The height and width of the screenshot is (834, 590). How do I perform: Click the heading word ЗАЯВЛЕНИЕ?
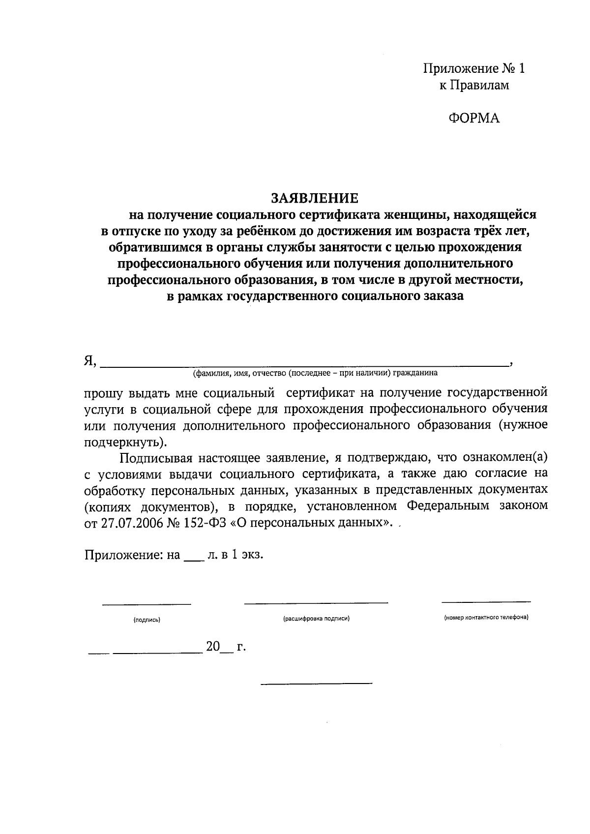[x=315, y=198]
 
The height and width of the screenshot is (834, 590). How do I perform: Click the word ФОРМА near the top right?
[x=474, y=118]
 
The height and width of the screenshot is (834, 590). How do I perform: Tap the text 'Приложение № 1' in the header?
[x=474, y=68]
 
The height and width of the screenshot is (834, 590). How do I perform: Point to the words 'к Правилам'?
[x=474, y=85]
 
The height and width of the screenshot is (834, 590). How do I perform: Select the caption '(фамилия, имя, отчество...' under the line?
[x=315, y=373]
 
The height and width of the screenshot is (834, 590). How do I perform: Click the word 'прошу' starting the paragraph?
[x=101, y=393]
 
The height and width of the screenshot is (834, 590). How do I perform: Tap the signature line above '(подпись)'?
[x=147, y=603]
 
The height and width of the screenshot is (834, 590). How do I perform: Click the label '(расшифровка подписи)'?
[x=316, y=619]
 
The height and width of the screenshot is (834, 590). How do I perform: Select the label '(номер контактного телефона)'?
[x=486, y=617]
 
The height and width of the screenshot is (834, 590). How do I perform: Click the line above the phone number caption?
[x=486, y=601]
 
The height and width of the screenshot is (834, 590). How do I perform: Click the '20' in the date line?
[x=213, y=647]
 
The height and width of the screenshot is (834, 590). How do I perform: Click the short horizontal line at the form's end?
[x=316, y=684]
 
